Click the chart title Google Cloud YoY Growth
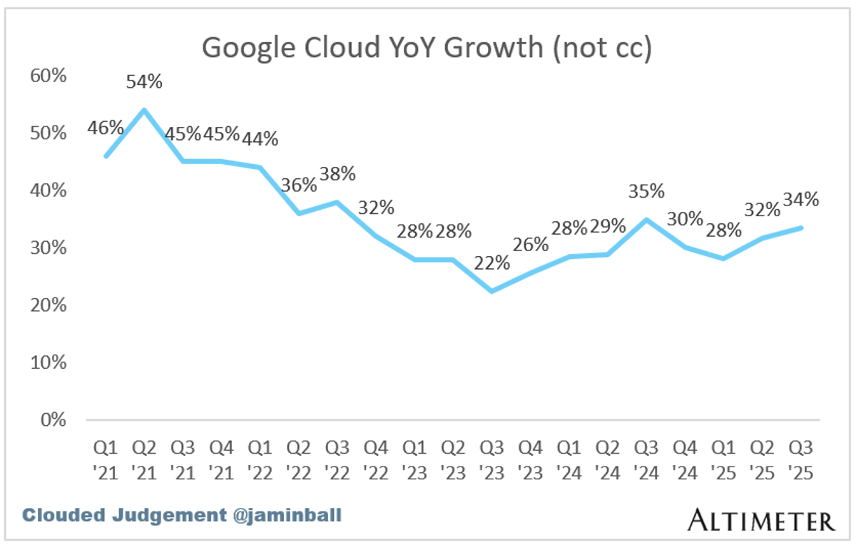coord(427,48)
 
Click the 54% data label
coord(144,82)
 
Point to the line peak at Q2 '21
coord(144,110)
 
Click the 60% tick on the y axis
coord(48,75)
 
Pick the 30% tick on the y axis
coord(48,248)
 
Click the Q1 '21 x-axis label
coord(106,460)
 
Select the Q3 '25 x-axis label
coord(802,460)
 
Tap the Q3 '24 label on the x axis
coord(647,460)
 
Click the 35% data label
coord(647,191)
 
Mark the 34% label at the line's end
coord(800,199)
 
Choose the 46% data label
coord(106,128)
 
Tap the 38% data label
coord(337,174)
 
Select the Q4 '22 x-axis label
coord(376,460)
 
